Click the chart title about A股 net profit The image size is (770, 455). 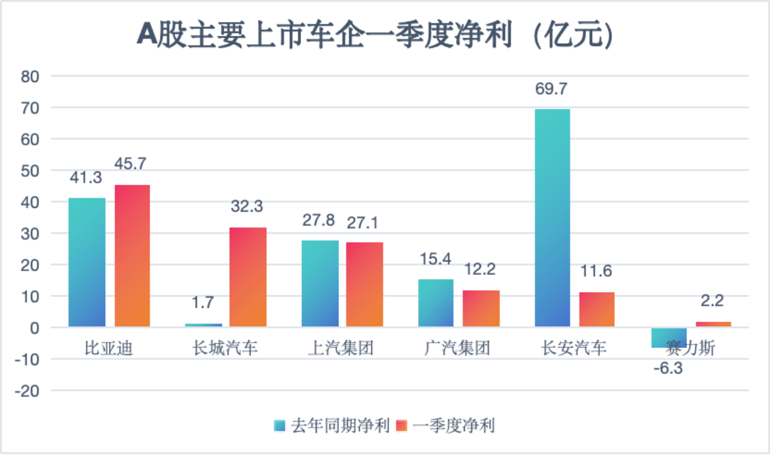[x=375, y=35]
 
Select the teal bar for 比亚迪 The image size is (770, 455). [x=87, y=262]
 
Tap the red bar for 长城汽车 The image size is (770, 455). [x=248, y=277]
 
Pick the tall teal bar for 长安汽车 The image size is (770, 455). [x=552, y=218]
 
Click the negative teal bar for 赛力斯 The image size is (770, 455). [x=669, y=338]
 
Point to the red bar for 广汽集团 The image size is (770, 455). [x=481, y=308]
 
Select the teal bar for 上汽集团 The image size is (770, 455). [x=320, y=284]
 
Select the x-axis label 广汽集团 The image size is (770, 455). [x=457, y=348]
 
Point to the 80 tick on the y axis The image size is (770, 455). [x=30, y=76]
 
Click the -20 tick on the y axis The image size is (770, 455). [x=28, y=391]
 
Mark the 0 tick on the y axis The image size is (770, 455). [x=35, y=328]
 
